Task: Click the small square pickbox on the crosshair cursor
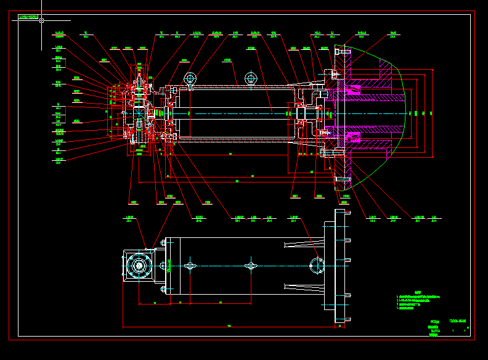click(41, 20)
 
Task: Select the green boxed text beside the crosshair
click(29, 17)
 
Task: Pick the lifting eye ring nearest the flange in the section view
click(250, 78)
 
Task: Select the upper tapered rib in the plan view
click(302, 245)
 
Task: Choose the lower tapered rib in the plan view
click(302, 287)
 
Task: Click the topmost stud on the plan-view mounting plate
click(348, 213)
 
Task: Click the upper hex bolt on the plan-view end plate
click(164, 243)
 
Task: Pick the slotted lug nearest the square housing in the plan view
click(190, 266)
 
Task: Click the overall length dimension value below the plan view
click(229, 325)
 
